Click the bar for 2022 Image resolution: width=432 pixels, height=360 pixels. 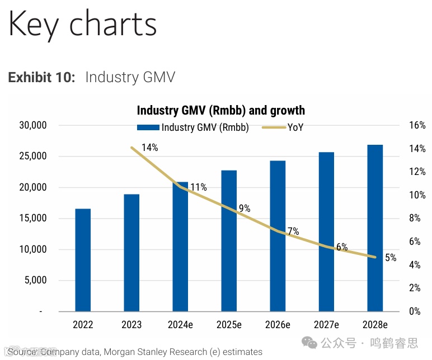(x=83, y=260)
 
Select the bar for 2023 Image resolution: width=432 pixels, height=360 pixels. (x=132, y=253)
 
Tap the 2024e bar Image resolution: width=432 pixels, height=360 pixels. (x=180, y=247)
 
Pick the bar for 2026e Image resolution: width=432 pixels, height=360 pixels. (x=278, y=236)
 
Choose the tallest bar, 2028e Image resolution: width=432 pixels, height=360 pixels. (x=375, y=228)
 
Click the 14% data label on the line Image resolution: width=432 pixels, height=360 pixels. (x=150, y=148)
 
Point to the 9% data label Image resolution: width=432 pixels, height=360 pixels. (x=245, y=209)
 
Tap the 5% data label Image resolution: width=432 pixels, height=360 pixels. (x=391, y=258)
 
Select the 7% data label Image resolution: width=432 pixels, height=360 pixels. (x=293, y=231)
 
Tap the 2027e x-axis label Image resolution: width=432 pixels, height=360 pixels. (x=326, y=325)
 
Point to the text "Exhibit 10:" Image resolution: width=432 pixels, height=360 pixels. (x=41, y=77)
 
